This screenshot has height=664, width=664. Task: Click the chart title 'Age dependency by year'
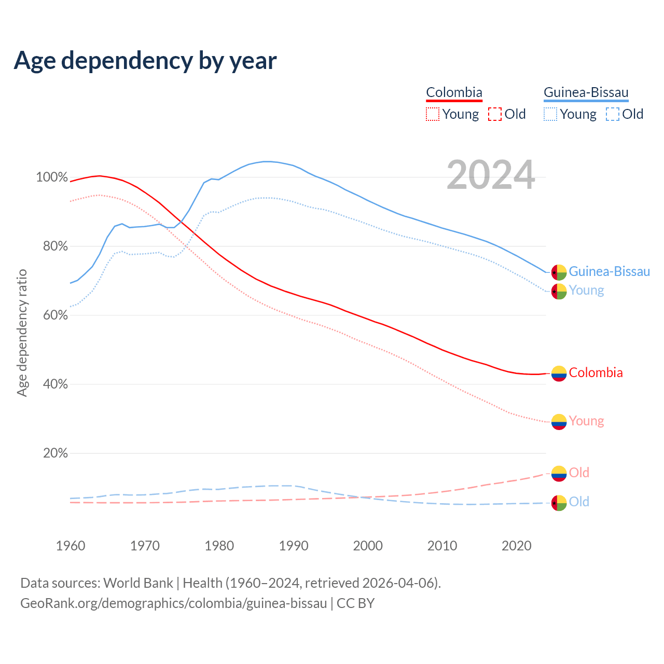145,61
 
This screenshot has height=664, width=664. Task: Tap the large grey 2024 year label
490,175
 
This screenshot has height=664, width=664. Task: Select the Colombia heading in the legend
454,93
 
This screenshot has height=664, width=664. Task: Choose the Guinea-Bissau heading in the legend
586,93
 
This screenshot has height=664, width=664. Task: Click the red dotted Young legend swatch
432,114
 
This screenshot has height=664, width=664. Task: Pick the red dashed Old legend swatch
495,114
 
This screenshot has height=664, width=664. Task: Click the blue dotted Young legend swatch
550,114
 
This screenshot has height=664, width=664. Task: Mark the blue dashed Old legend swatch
613,114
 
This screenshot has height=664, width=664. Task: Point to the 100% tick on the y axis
52,177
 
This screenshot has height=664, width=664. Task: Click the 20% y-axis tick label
56,453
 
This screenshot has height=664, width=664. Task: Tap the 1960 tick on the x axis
71,546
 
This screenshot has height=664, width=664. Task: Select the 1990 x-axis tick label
294,546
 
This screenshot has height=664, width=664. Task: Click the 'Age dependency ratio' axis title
22,333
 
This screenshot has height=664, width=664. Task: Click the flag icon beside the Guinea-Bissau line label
559,272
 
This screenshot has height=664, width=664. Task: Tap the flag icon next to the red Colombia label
559,373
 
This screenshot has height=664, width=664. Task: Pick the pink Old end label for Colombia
579,473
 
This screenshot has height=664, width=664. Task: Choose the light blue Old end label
579,502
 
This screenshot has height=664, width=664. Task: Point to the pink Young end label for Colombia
586,421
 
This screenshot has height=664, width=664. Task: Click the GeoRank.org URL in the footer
174,603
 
